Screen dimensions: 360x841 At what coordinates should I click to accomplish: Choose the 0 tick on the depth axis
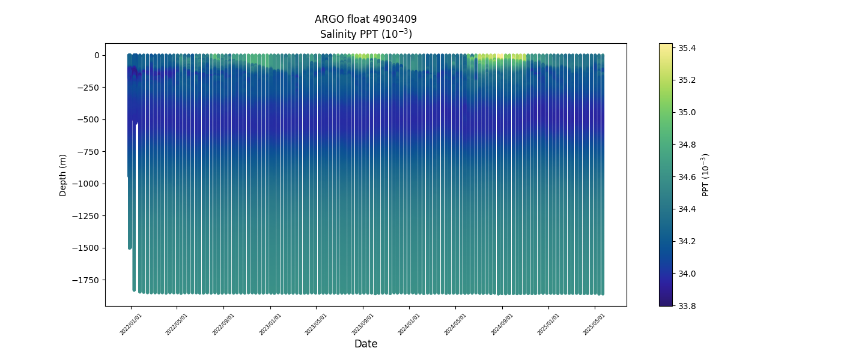pyautogui.click(x=96, y=55)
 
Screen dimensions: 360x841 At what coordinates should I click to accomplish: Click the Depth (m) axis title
pyautogui.click(x=62, y=175)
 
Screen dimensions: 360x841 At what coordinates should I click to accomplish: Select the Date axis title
pyautogui.click(x=366, y=344)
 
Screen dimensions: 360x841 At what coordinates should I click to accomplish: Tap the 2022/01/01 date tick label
pyautogui.click(x=130, y=325)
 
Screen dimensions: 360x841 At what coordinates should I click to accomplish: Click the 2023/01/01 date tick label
pyautogui.click(x=270, y=325)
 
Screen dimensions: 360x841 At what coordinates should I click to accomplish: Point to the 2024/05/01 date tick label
pyautogui.click(x=455, y=325)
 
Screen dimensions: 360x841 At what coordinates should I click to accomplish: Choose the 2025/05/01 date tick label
pyautogui.click(x=594, y=325)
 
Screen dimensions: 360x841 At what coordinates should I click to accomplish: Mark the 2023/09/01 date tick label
pyautogui.click(x=362, y=325)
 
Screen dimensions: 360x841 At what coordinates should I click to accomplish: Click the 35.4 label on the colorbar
pyautogui.click(x=687, y=48)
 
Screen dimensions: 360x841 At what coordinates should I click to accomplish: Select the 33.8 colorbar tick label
pyautogui.click(x=687, y=306)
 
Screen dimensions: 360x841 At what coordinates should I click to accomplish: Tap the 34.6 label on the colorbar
pyautogui.click(x=687, y=177)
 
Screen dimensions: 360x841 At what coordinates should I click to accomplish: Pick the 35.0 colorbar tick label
pyautogui.click(x=687, y=112)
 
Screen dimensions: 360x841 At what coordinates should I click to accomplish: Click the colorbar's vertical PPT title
pyautogui.click(x=706, y=175)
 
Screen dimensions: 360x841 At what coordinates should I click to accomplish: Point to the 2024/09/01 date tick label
pyautogui.click(x=502, y=325)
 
